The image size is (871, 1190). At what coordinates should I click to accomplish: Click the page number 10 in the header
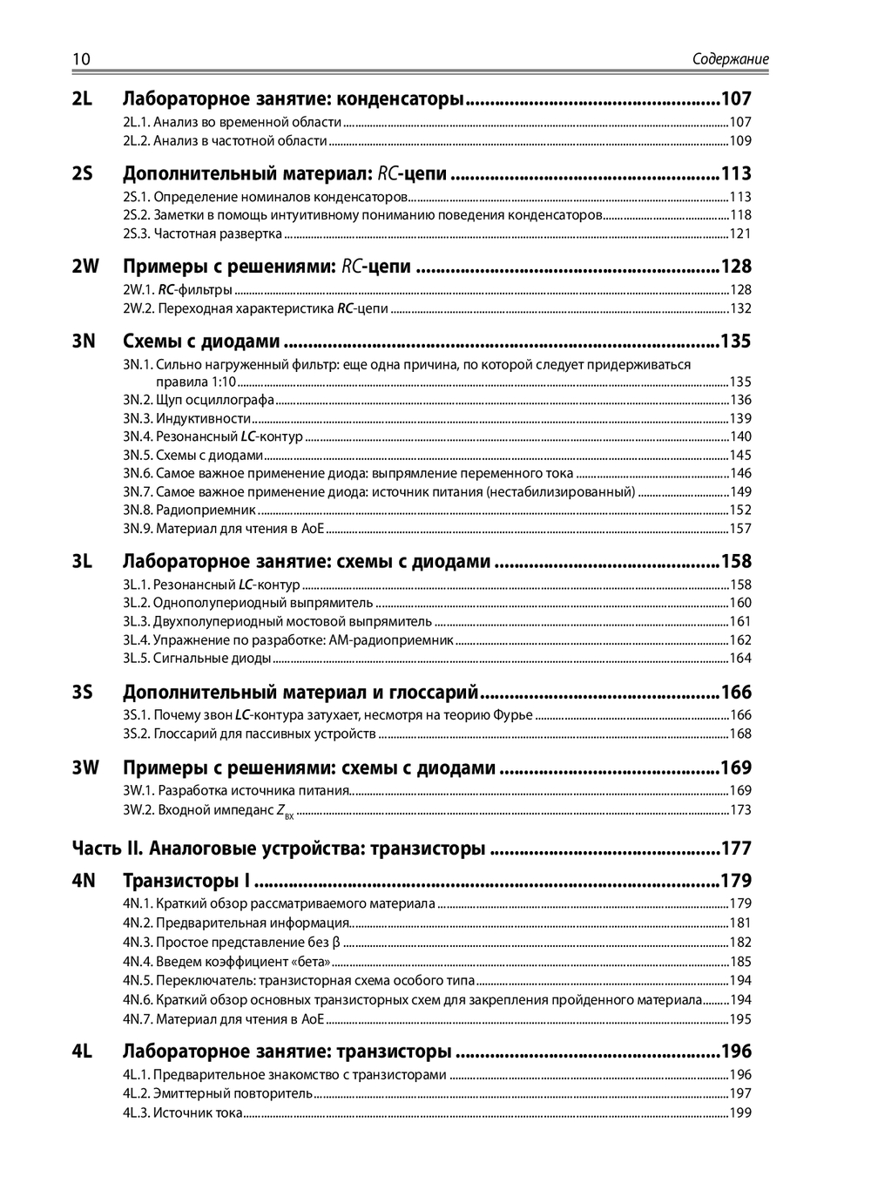point(80,59)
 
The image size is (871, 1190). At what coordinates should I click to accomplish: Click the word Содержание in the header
point(730,59)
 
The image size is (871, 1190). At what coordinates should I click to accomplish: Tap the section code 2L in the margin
point(82,99)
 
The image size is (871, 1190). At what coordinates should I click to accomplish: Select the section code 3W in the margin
point(85,767)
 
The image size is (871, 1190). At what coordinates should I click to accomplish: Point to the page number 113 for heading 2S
point(736,173)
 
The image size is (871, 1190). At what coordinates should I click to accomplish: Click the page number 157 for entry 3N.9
point(740,529)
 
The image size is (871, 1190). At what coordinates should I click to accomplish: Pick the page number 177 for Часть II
point(736,848)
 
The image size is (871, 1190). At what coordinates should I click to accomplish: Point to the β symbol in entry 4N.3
point(336,942)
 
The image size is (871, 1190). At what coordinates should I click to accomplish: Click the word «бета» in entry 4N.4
point(312,962)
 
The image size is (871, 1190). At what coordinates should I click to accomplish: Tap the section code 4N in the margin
point(84,881)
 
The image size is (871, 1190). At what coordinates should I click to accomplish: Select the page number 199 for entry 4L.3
point(740,1112)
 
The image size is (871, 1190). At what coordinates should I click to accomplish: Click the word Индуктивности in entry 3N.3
point(197,418)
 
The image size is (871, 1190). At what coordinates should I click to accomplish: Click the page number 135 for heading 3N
point(736,341)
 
